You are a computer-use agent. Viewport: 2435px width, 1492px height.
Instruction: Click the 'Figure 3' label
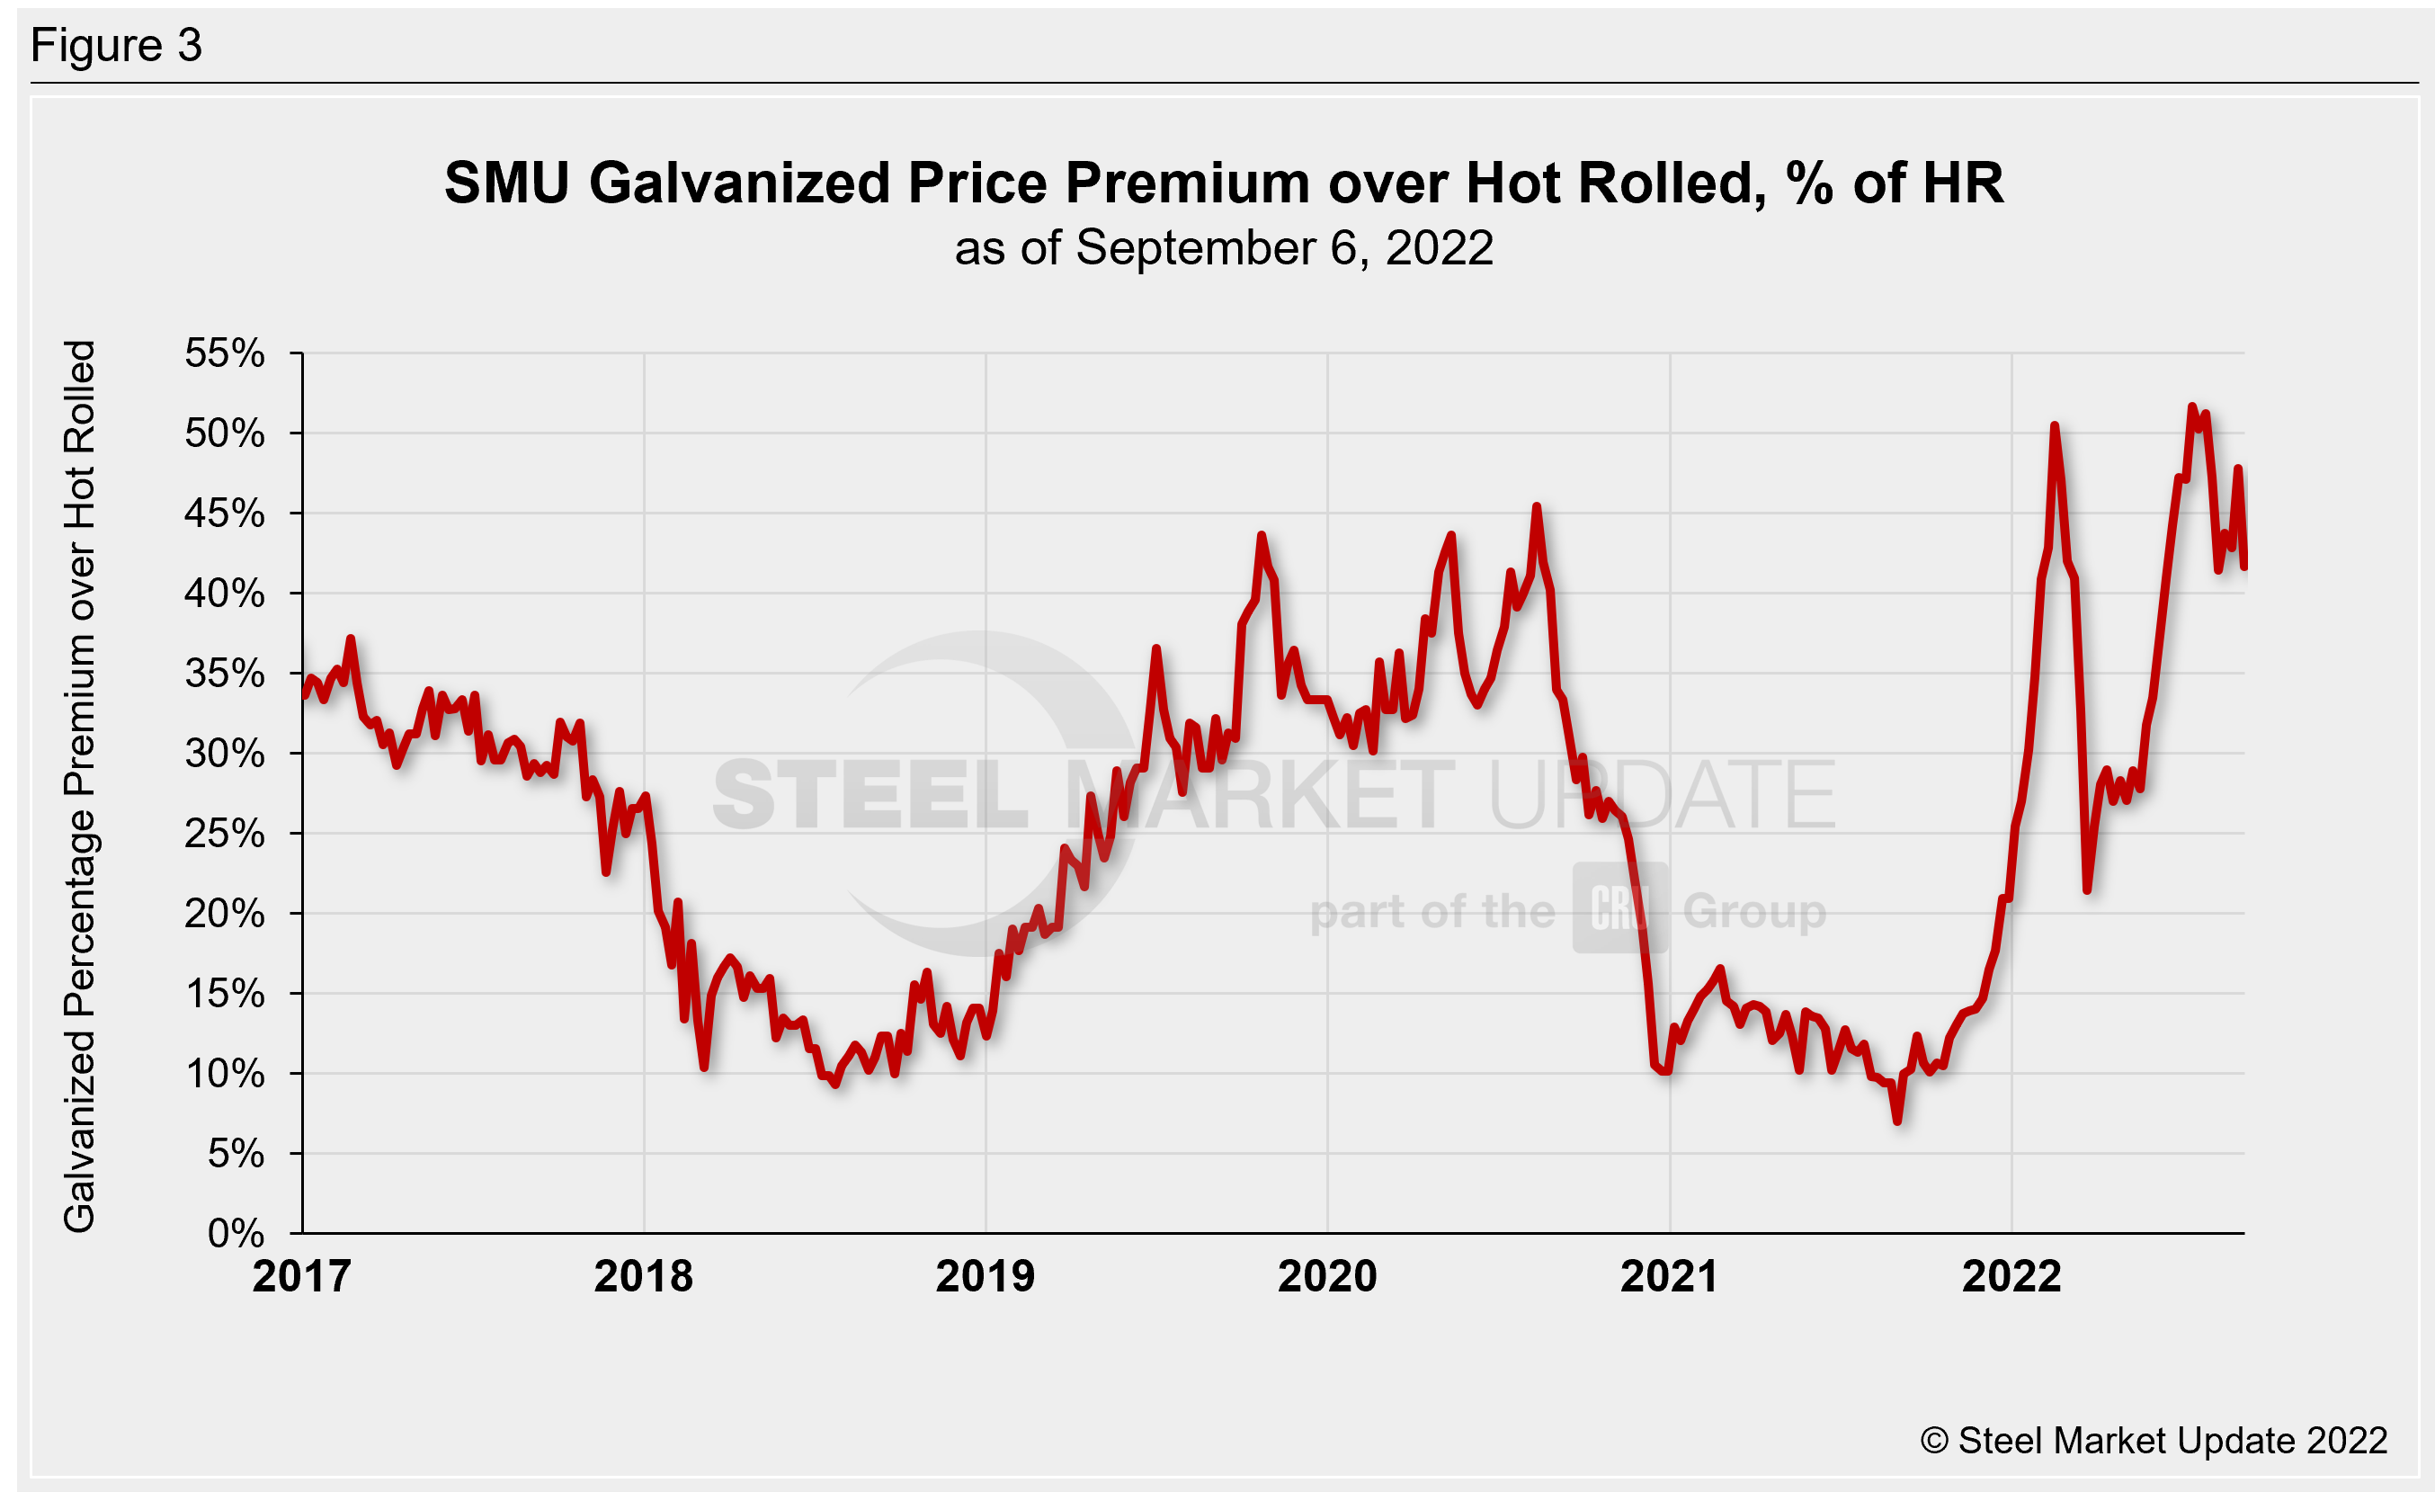tap(117, 46)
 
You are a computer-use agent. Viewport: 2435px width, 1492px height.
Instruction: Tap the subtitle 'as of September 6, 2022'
tap(1224, 248)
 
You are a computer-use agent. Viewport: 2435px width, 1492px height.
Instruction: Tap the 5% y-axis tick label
tap(236, 1154)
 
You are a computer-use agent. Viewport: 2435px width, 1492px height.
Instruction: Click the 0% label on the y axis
tap(236, 1234)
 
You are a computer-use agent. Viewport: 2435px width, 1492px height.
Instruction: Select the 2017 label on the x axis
tap(301, 1276)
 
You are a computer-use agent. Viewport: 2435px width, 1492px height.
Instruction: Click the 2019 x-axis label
tap(986, 1276)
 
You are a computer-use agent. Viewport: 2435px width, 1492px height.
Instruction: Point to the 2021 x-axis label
tap(1669, 1276)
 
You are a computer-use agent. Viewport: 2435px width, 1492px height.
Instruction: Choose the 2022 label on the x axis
tap(2011, 1276)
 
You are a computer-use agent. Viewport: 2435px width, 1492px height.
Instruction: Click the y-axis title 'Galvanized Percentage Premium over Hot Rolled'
tap(79, 787)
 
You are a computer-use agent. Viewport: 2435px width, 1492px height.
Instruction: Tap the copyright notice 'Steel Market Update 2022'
tap(2154, 1441)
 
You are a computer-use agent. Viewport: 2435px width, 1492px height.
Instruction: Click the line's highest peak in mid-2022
tap(2192, 407)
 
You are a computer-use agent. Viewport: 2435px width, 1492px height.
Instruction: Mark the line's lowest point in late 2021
tap(1897, 1121)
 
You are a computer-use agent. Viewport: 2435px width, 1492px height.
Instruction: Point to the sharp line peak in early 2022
tap(2055, 426)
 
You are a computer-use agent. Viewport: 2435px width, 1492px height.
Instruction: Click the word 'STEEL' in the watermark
tap(870, 795)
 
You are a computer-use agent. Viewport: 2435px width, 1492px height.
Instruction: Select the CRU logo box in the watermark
tap(1619, 908)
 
